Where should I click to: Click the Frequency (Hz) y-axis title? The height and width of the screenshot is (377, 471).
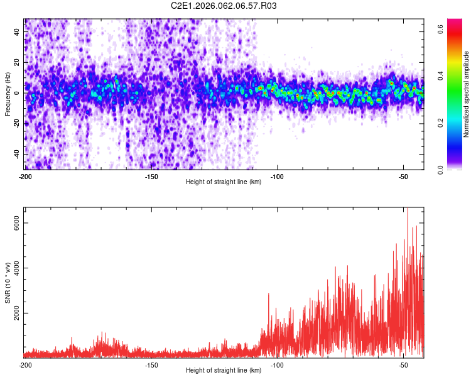click(x=8, y=94)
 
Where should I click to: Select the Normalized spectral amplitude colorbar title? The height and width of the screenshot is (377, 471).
click(x=467, y=94)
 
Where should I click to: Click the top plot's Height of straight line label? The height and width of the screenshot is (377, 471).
click(x=224, y=182)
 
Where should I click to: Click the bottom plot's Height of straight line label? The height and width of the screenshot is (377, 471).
click(x=224, y=370)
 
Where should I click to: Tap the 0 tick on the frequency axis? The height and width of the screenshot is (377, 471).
click(x=19, y=92)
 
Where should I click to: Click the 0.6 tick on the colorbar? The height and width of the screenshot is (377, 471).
click(x=441, y=28)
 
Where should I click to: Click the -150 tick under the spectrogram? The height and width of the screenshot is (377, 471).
click(x=151, y=177)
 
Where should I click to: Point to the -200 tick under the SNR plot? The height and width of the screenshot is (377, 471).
click(x=25, y=365)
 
